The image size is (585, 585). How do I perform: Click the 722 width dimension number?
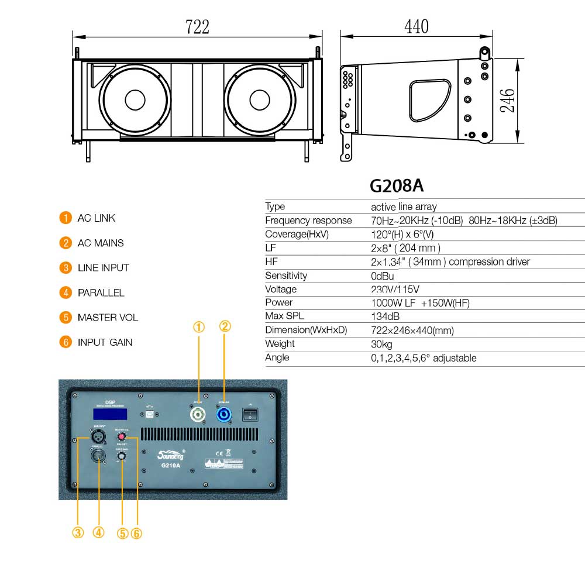(x=197, y=26)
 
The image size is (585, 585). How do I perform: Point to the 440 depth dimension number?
(x=416, y=26)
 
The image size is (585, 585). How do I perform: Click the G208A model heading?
(x=396, y=185)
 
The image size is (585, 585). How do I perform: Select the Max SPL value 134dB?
(x=386, y=316)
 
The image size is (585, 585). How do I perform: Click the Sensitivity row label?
(x=285, y=276)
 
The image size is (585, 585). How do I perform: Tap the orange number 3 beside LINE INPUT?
(x=65, y=268)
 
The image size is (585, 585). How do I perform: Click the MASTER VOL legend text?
(x=108, y=318)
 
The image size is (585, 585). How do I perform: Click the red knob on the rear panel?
(x=122, y=436)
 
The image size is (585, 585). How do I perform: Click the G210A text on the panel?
(x=170, y=466)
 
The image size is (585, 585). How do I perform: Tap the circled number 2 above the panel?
(x=225, y=326)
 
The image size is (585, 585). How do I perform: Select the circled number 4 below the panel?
(x=98, y=532)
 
